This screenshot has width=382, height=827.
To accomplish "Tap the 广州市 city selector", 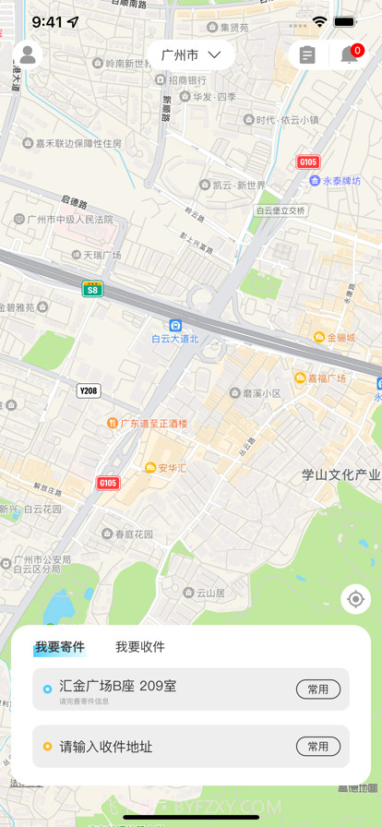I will click(191, 55).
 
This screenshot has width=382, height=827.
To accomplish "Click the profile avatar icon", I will click(28, 55).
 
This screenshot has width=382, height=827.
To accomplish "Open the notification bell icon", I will click(350, 55).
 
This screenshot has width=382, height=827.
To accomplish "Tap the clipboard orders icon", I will click(307, 55).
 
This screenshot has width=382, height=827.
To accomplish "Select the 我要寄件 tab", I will click(60, 647).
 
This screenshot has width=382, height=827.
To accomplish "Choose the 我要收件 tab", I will click(140, 647).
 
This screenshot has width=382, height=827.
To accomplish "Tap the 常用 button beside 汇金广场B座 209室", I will click(317, 689).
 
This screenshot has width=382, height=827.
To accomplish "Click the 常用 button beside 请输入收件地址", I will click(317, 747).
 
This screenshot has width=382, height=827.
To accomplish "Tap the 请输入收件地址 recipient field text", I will click(106, 747).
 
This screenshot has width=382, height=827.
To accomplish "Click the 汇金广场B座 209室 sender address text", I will click(118, 686).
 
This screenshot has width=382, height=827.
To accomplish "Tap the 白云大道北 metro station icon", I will click(175, 325).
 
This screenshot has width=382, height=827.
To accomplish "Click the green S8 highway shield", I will click(92, 289).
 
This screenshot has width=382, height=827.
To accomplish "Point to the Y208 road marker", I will click(89, 391).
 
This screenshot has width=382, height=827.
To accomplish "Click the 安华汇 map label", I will click(166, 468).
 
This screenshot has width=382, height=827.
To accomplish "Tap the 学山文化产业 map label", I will click(340, 474).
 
